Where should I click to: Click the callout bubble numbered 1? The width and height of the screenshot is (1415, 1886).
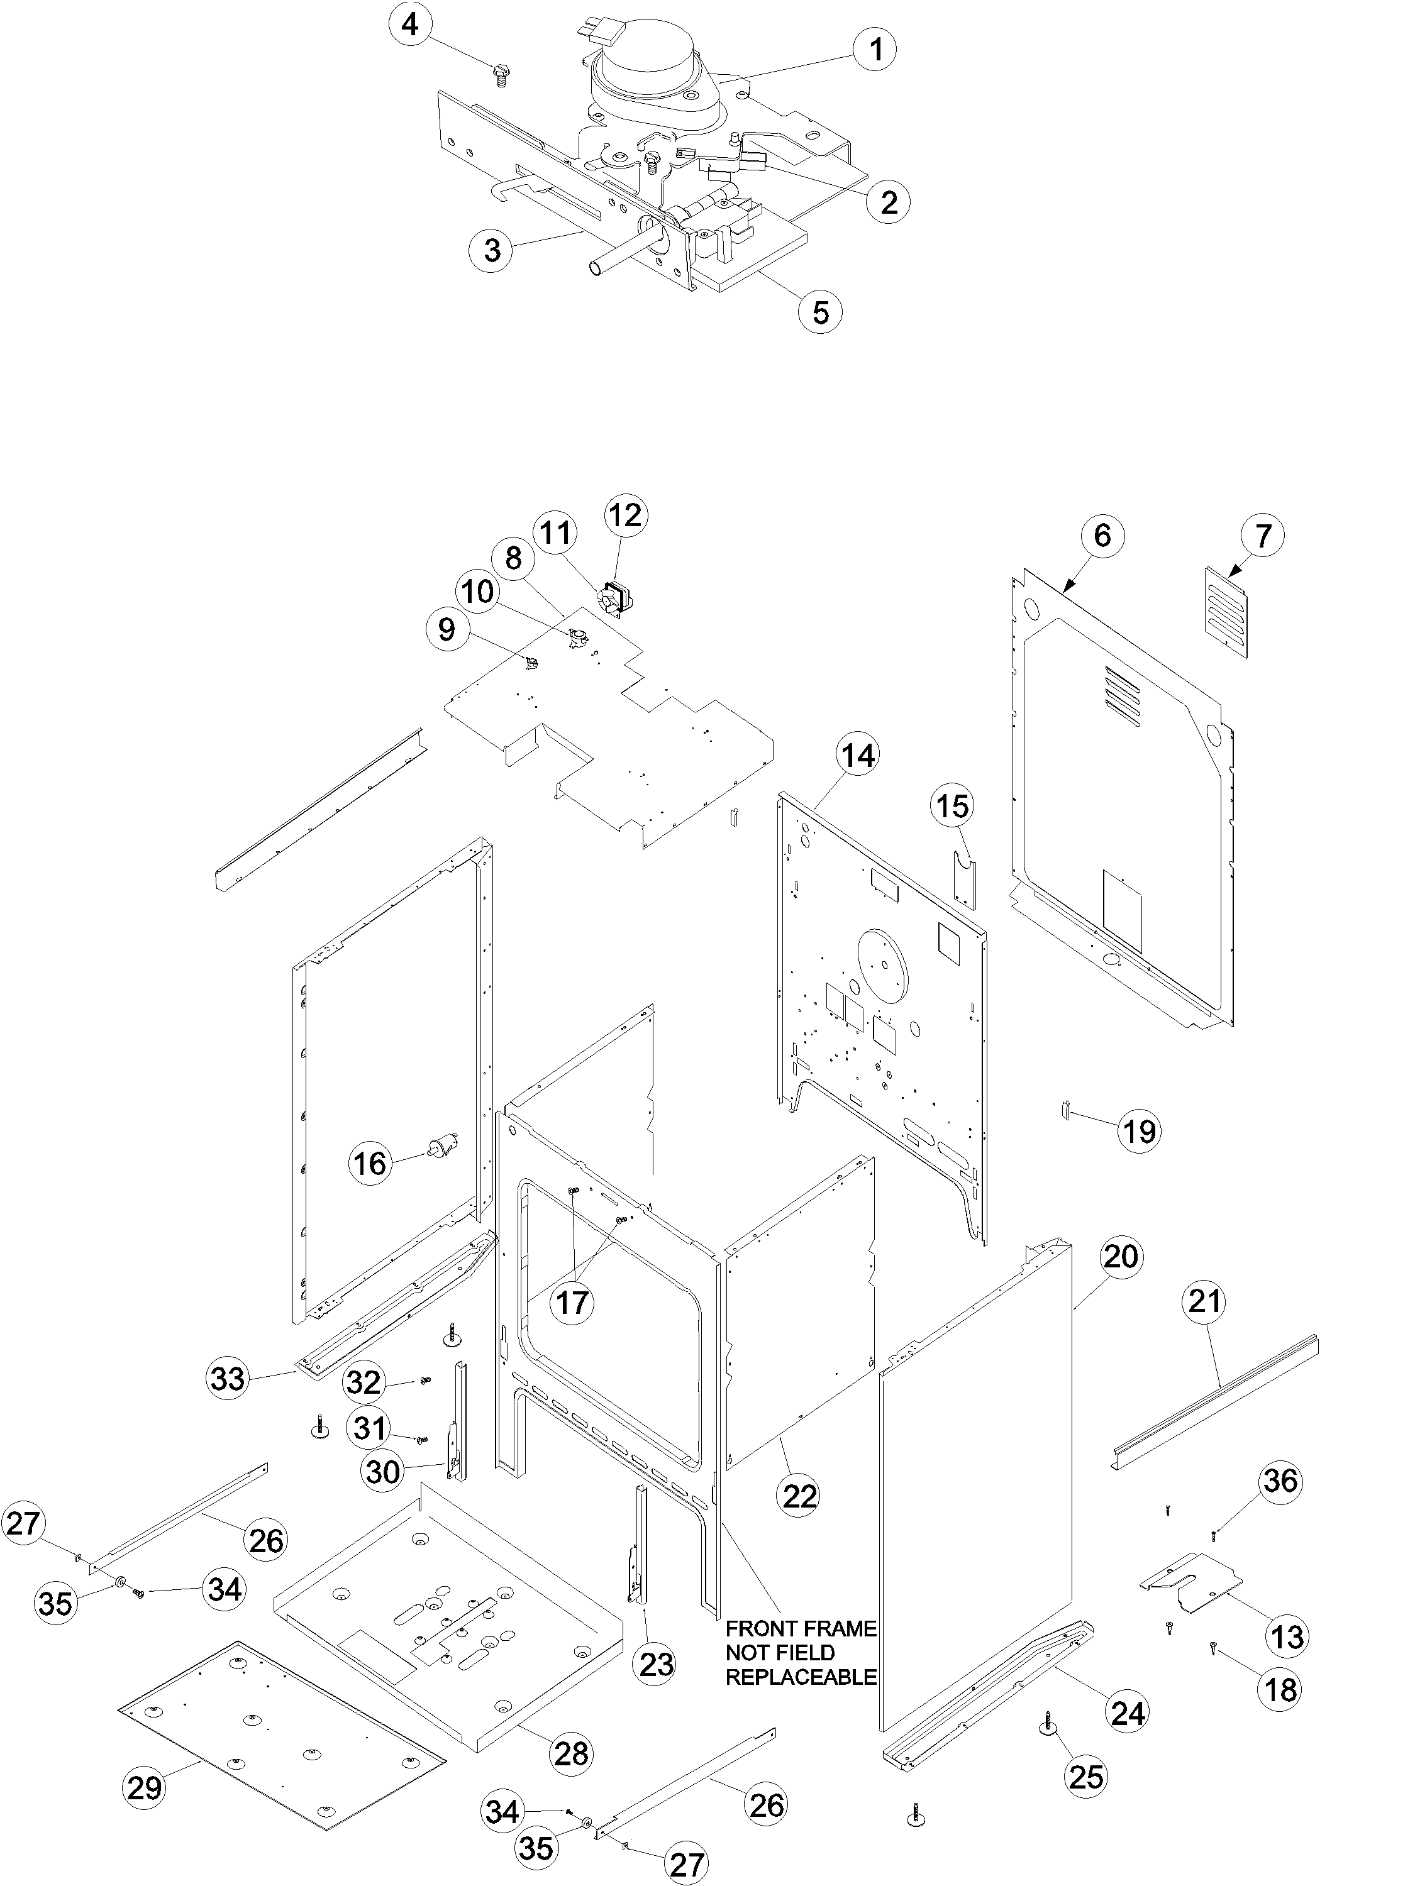click(x=876, y=50)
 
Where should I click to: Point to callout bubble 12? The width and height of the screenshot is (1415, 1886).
click(x=626, y=516)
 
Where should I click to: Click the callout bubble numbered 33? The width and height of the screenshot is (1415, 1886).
click(x=228, y=1379)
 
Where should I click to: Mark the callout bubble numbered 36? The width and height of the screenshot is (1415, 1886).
click(x=1281, y=1481)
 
